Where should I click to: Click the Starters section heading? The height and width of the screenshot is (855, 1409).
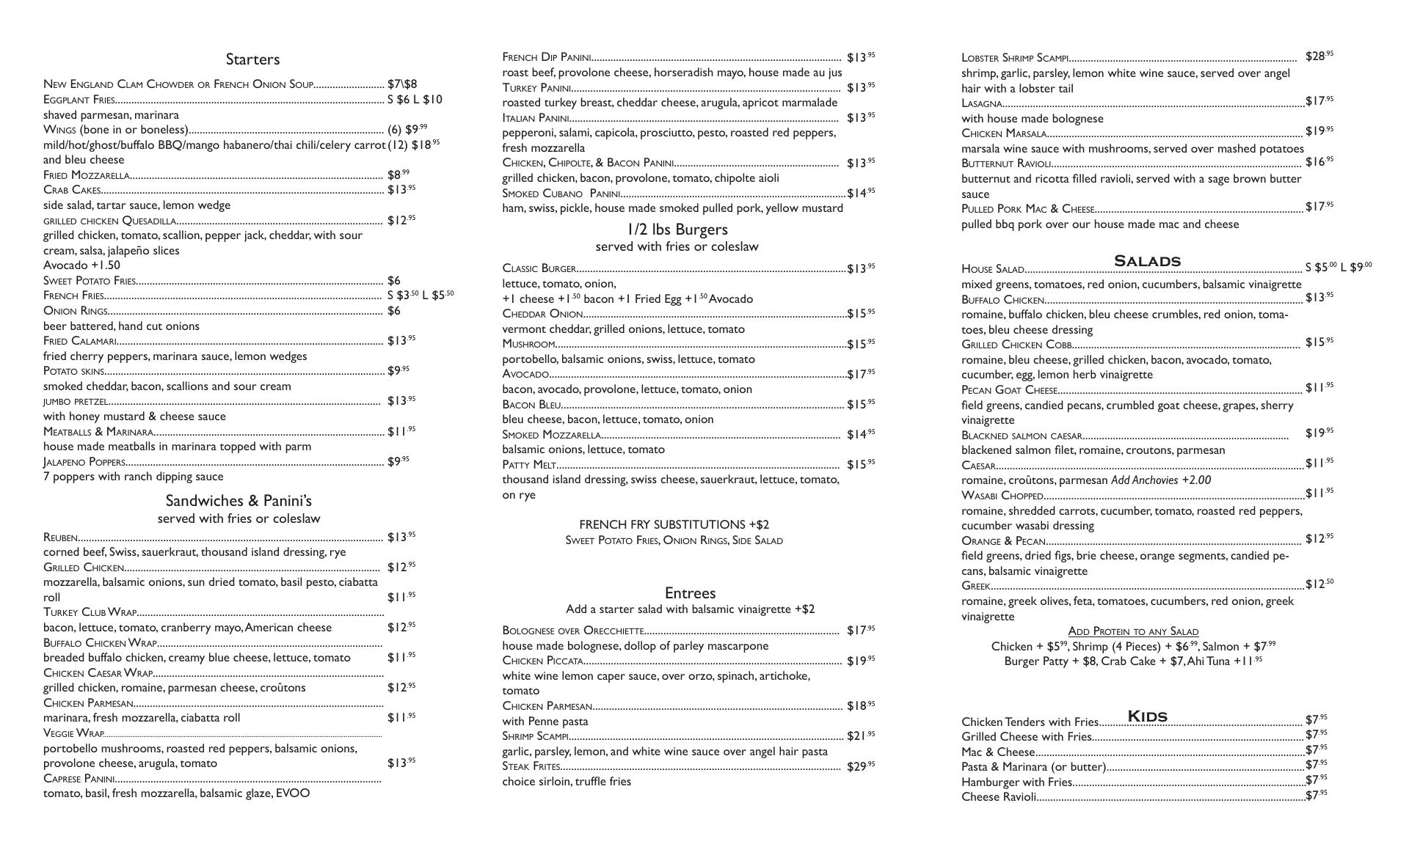(252, 59)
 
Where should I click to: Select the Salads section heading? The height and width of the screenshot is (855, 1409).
(1147, 261)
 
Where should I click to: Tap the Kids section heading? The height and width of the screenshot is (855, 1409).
(1147, 716)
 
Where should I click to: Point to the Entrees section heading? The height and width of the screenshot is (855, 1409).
(690, 593)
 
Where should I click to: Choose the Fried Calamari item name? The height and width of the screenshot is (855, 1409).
(80, 341)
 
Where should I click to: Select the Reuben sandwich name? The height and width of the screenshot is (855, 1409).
(60, 538)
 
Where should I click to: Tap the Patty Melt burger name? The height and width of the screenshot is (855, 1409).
(529, 465)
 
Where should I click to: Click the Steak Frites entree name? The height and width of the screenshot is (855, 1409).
(531, 766)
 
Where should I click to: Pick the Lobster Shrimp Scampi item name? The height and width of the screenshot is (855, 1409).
(1015, 58)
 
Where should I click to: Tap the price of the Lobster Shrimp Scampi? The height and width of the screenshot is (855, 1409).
(1319, 56)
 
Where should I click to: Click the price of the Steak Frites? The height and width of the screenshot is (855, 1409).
(860, 766)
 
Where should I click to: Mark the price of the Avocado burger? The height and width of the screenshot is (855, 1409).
(860, 374)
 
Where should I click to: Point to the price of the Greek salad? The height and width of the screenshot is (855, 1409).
(1319, 584)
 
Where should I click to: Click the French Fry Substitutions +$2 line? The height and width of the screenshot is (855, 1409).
(674, 524)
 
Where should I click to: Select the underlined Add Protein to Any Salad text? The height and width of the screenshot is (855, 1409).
(1133, 631)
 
